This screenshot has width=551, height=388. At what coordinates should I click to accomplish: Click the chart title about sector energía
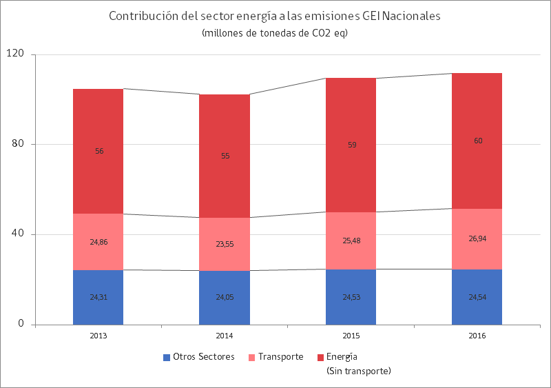(274, 17)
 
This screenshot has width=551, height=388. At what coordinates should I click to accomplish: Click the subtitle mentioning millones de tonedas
(274, 33)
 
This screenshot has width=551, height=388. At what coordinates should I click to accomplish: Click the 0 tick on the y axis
(21, 324)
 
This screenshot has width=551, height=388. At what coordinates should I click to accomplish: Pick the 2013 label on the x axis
(98, 336)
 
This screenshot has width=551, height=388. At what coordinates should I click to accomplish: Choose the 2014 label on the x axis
(225, 336)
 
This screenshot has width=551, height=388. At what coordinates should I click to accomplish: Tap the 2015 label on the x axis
(351, 336)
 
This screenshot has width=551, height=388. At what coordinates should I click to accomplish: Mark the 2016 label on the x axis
(477, 336)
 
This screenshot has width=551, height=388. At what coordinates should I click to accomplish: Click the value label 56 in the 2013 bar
(99, 151)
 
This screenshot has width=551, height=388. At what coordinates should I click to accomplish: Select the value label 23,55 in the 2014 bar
(225, 244)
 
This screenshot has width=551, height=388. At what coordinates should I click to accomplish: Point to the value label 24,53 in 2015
(351, 298)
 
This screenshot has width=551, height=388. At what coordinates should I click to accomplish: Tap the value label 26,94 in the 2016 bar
(477, 238)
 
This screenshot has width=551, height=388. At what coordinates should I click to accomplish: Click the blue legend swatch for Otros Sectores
(167, 357)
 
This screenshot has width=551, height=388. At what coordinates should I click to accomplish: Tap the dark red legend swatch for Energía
(320, 357)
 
